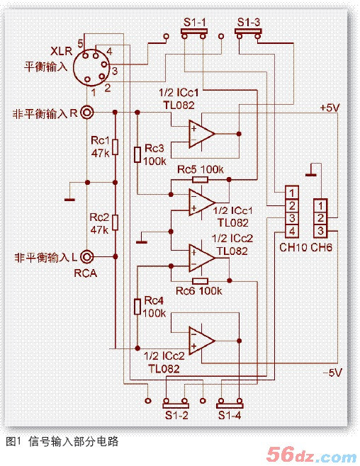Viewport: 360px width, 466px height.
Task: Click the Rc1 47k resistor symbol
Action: click(115, 147)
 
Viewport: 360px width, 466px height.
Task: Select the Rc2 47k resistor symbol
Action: click(115, 222)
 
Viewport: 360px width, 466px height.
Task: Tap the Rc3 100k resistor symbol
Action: click(137, 154)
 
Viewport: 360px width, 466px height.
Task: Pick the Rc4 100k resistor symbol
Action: click(137, 307)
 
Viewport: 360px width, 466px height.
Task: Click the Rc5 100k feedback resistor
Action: click(200, 179)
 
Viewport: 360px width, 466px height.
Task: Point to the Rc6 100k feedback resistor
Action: click(200, 281)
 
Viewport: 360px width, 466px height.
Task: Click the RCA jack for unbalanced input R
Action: click(87, 113)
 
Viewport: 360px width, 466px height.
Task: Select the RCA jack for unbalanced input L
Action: click(87, 257)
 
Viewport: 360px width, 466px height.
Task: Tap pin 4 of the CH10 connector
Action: click(292, 231)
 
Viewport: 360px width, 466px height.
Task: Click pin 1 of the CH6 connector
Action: click(320, 205)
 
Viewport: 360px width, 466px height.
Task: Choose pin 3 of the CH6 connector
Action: click(320, 231)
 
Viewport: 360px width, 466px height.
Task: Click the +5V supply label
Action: click(330, 108)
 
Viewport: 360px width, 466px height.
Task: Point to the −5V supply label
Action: click(332, 373)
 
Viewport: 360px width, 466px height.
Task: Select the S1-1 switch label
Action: click(195, 22)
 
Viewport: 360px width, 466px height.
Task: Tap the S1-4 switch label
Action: click(230, 415)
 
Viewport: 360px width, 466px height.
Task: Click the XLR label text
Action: click(61, 51)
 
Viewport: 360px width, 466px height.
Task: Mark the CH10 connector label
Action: click(292, 247)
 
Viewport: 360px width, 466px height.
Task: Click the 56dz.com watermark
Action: click(311, 454)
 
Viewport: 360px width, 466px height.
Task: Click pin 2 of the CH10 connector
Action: click(292, 205)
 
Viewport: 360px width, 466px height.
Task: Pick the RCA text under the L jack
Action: click(86, 273)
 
